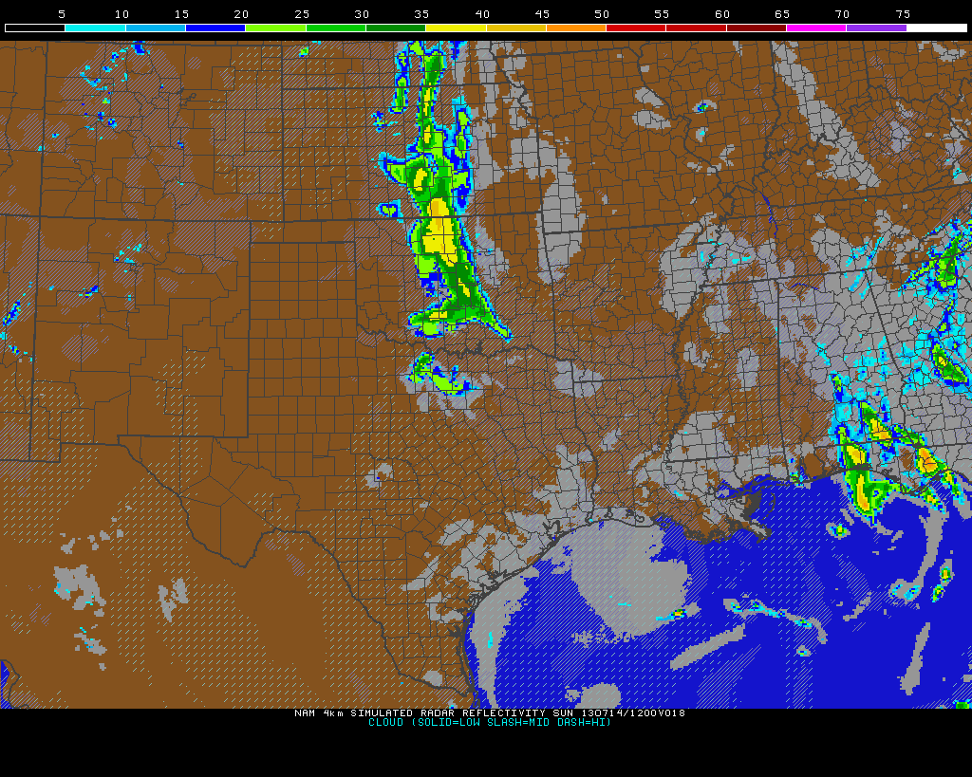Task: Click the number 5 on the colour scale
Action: tap(62, 14)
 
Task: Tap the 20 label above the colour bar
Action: tap(241, 14)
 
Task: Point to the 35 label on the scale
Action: tap(421, 14)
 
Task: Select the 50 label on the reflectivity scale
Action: tap(602, 14)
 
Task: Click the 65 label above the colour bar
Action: tap(782, 14)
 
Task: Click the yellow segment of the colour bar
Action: tap(456, 28)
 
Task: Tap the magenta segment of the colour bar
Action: tap(816, 28)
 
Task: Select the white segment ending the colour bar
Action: tap(936, 28)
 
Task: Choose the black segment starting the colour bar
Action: tap(35, 28)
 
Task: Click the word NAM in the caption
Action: tap(305, 713)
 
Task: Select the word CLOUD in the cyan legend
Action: tap(385, 723)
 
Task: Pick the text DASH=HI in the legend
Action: tap(586, 723)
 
